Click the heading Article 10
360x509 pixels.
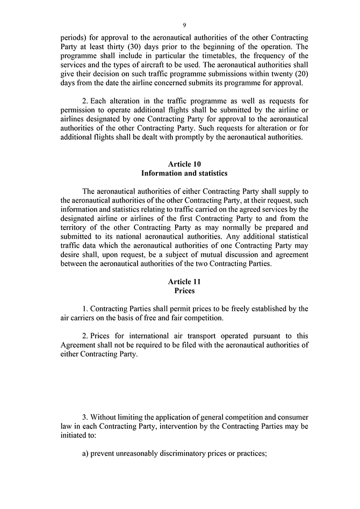[184, 163]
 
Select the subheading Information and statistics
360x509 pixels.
[184, 173]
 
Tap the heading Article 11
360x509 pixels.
[184, 281]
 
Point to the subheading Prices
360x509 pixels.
[184, 291]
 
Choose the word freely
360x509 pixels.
[244, 309]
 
